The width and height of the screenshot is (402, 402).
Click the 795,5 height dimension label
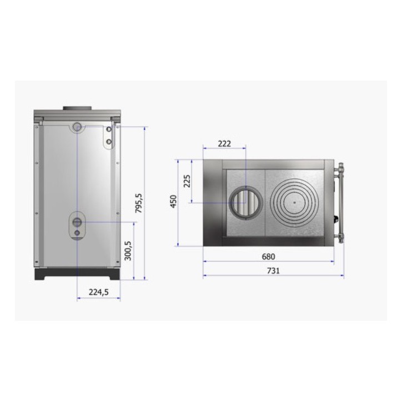139,203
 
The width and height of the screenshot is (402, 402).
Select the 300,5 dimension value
128,250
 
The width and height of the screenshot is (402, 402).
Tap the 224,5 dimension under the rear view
99,292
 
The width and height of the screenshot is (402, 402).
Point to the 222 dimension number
224,144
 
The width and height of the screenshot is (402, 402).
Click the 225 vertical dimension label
188,181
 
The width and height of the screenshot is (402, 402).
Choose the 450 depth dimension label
174,201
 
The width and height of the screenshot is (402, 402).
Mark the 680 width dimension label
268,257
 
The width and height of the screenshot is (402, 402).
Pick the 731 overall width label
273,271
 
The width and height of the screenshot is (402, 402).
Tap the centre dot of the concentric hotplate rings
295,202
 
